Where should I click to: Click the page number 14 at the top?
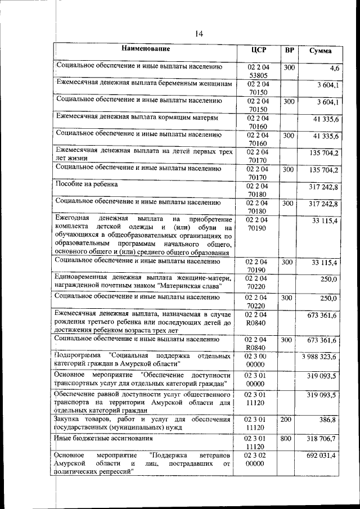[x=199, y=34]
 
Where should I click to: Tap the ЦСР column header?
[x=259, y=50]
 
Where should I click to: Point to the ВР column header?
[x=289, y=50]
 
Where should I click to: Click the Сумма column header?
[x=320, y=51]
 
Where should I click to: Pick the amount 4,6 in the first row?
[x=334, y=69]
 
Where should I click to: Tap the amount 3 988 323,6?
[x=319, y=357]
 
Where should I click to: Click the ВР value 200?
[x=288, y=420]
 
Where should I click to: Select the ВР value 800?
[x=288, y=438]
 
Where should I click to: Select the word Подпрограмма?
[x=79, y=357]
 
